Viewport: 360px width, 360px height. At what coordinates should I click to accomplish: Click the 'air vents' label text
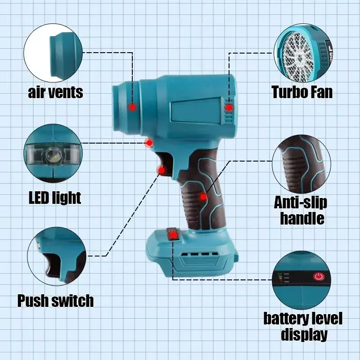coord(55,93)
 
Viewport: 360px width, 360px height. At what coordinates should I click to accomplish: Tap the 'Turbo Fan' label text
coord(302,92)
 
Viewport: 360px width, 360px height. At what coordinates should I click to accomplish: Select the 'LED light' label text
coord(54,198)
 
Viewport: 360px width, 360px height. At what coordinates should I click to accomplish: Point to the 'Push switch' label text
coord(55,300)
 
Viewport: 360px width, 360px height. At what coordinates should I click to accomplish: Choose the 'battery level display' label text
coord(303,327)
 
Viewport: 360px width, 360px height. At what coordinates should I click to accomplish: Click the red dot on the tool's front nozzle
coord(132,107)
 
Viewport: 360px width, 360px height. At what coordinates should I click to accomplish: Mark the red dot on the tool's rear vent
coord(229,108)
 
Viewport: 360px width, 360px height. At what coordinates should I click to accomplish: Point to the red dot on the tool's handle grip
coord(203,197)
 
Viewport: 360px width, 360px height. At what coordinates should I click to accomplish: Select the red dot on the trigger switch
coord(161,170)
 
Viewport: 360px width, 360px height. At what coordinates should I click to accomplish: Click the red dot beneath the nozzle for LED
coord(149,143)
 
